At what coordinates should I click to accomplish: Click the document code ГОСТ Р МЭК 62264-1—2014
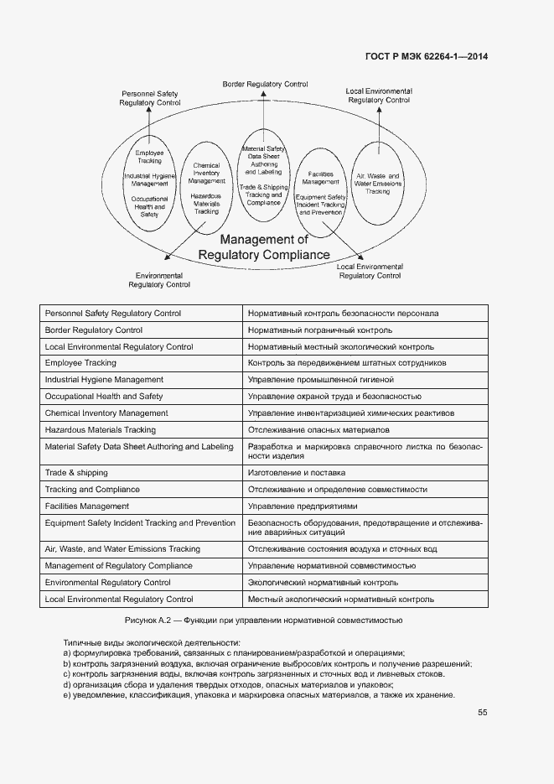(427, 57)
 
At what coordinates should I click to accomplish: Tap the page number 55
(482, 713)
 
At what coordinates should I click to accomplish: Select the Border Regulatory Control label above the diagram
(265, 85)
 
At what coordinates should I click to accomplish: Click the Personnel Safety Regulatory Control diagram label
(150, 98)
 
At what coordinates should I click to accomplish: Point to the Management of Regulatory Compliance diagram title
(264, 247)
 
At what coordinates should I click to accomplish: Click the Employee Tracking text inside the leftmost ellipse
(149, 157)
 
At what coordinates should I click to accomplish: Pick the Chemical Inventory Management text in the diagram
(206, 174)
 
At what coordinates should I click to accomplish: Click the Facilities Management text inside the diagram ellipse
(320, 178)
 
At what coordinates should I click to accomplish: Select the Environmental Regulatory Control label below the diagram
(159, 280)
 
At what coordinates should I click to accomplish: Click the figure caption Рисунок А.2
(264, 620)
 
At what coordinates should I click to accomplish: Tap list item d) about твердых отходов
(228, 685)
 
